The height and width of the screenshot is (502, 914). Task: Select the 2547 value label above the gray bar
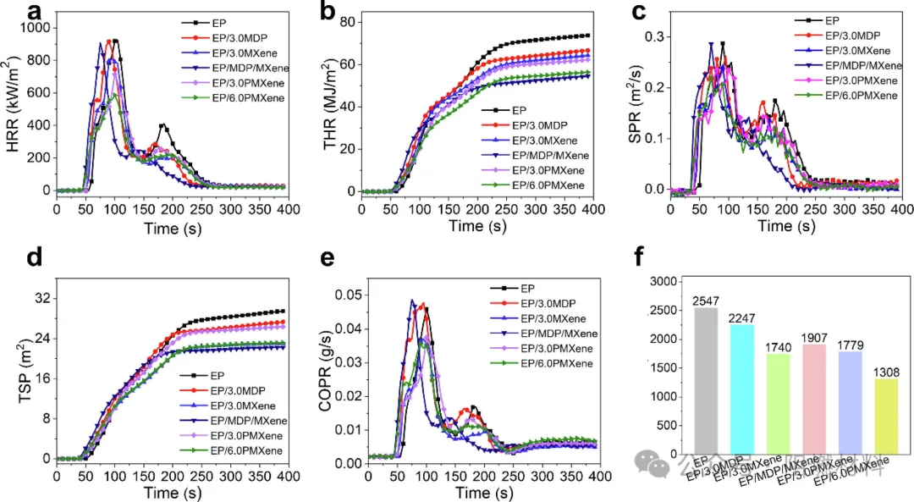click(705, 301)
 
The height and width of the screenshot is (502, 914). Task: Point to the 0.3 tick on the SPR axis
click(654, 37)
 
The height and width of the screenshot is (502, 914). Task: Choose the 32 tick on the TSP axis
click(41, 298)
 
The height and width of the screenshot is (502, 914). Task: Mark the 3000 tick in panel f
click(663, 281)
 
